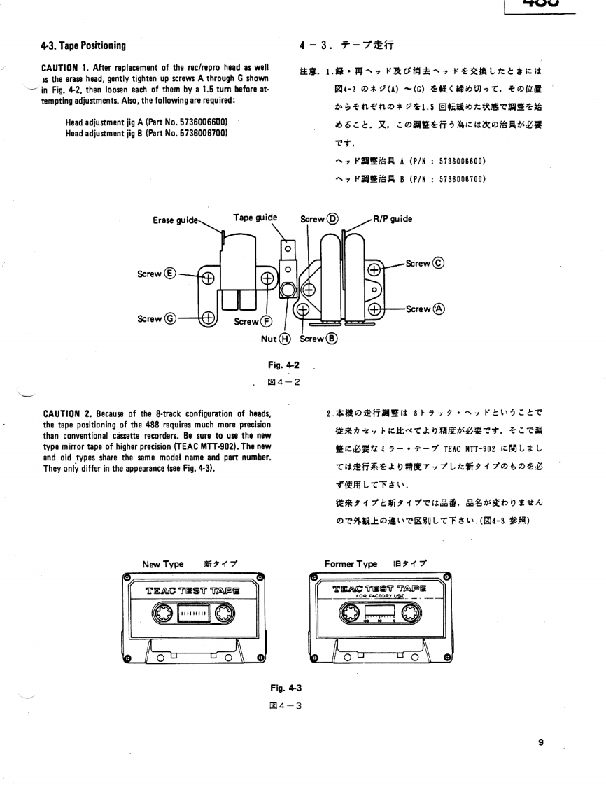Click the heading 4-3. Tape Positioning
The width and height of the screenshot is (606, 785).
[x=83, y=46]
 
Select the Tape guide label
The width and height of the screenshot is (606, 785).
[x=255, y=218]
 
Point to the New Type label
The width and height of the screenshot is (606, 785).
[x=162, y=564]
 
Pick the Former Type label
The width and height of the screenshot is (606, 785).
[x=351, y=564]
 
